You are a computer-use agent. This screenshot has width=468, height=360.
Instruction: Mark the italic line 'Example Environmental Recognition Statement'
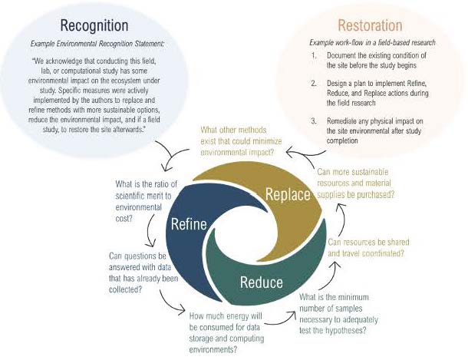96,41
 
